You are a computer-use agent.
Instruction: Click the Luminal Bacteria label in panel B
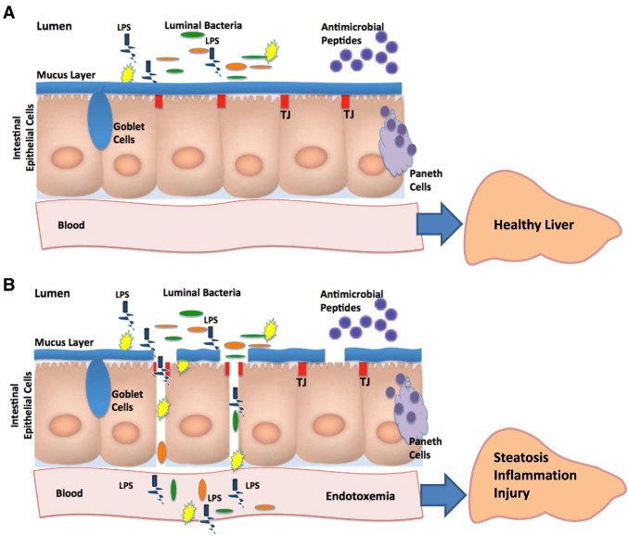(202, 292)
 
